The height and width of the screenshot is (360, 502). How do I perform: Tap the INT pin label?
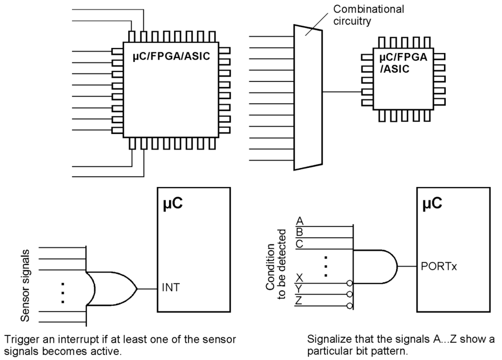[x=170, y=289]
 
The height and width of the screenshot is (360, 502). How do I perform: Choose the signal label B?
[x=300, y=232]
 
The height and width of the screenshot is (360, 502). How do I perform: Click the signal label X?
[x=300, y=278]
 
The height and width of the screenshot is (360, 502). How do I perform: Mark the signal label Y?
[x=300, y=289]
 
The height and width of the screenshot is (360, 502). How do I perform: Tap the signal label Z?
[x=300, y=300]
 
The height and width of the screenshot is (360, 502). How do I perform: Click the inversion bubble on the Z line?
[x=350, y=305]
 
